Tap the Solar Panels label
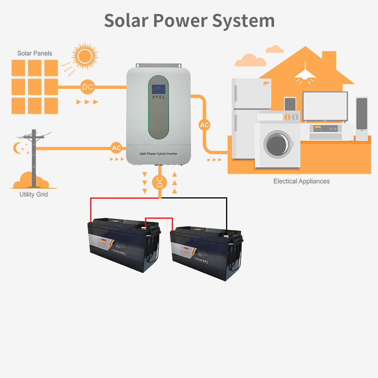tap(35, 53)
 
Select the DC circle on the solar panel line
tap(87, 87)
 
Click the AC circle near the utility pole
tap(116, 148)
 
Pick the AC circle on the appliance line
tap(204, 125)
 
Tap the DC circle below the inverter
tap(160, 183)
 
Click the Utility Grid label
tap(34, 194)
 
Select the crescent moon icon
tap(17, 148)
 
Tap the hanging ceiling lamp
tap(305, 74)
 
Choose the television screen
tap(325, 106)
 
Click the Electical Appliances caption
tap(301, 181)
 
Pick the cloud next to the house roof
tap(250, 60)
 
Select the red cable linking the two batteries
tap(159, 218)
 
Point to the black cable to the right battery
tap(226, 212)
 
